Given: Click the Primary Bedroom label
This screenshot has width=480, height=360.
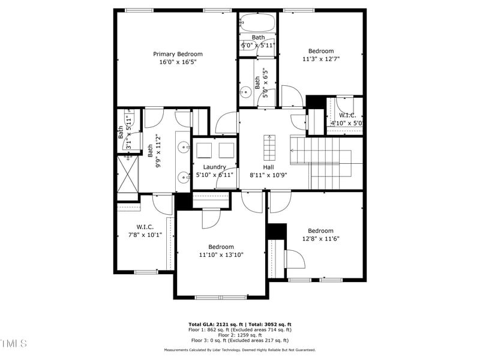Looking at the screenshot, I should (178, 54).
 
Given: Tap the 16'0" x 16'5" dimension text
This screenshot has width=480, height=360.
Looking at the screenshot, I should (178, 62).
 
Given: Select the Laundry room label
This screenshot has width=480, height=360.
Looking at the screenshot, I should (214, 167).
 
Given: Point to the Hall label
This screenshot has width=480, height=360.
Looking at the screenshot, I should (268, 167).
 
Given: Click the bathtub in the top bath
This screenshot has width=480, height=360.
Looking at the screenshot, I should (257, 23).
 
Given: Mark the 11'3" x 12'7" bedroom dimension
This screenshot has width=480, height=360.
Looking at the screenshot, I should (321, 59).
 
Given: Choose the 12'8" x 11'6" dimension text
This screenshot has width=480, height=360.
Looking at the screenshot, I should (320, 239).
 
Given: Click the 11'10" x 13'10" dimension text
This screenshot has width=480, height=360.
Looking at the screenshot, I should (221, 254).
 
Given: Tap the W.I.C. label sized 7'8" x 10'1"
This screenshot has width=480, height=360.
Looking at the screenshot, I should (145, 227).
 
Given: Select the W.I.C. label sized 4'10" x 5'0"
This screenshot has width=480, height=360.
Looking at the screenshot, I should (347, 115).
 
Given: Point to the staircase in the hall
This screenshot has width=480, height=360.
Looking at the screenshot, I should (324, 161).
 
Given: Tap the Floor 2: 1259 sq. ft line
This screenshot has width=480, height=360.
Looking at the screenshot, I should (240, 335).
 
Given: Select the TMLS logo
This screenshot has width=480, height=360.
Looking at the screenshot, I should (14, 344).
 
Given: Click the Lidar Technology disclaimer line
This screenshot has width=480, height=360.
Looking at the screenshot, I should (240, 350).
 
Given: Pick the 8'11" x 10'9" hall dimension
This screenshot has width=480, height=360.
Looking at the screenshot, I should (268, 175).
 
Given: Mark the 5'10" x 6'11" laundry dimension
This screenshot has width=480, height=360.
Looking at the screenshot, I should (214, 175).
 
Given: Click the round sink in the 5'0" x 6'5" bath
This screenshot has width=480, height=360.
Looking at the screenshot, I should (245, 92).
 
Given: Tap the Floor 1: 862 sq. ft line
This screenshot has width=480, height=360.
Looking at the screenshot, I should (240, 329).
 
